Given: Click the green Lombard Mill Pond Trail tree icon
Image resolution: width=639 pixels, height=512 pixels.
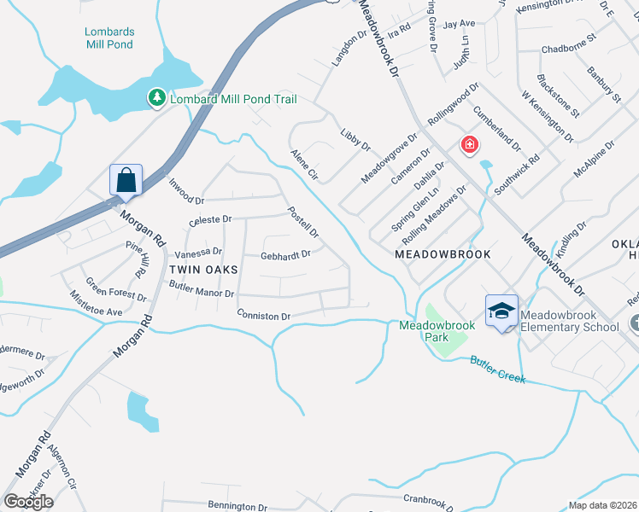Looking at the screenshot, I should pos(156,99).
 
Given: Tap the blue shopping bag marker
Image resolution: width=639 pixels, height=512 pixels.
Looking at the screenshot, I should pos(126,181).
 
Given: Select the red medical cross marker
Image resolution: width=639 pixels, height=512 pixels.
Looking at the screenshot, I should pos(469,145).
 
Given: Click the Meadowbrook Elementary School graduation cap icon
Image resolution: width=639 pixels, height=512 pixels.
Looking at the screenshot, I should pos(501,311).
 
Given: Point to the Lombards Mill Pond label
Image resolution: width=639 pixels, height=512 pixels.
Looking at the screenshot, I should pos(109,38).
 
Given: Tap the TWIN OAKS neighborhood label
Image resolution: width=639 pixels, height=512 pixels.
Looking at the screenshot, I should pos(202,269).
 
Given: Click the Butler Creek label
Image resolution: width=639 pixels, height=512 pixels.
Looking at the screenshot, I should pos(496,369).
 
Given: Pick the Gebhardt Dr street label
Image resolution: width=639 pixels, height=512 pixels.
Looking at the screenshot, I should pos(285,254).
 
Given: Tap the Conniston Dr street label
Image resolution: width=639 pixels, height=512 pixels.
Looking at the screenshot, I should pos(264,316).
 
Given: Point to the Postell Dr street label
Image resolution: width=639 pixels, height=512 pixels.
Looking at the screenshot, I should pos(302,222).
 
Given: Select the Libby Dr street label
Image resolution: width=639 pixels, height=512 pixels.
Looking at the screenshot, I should pos(355,141).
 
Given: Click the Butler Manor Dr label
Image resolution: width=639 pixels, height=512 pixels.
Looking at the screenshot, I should pos(202,292).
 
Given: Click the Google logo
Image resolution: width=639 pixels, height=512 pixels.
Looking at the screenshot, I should pos(27,502).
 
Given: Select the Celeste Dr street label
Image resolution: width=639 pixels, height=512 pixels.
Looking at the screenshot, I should pos(210,219).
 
